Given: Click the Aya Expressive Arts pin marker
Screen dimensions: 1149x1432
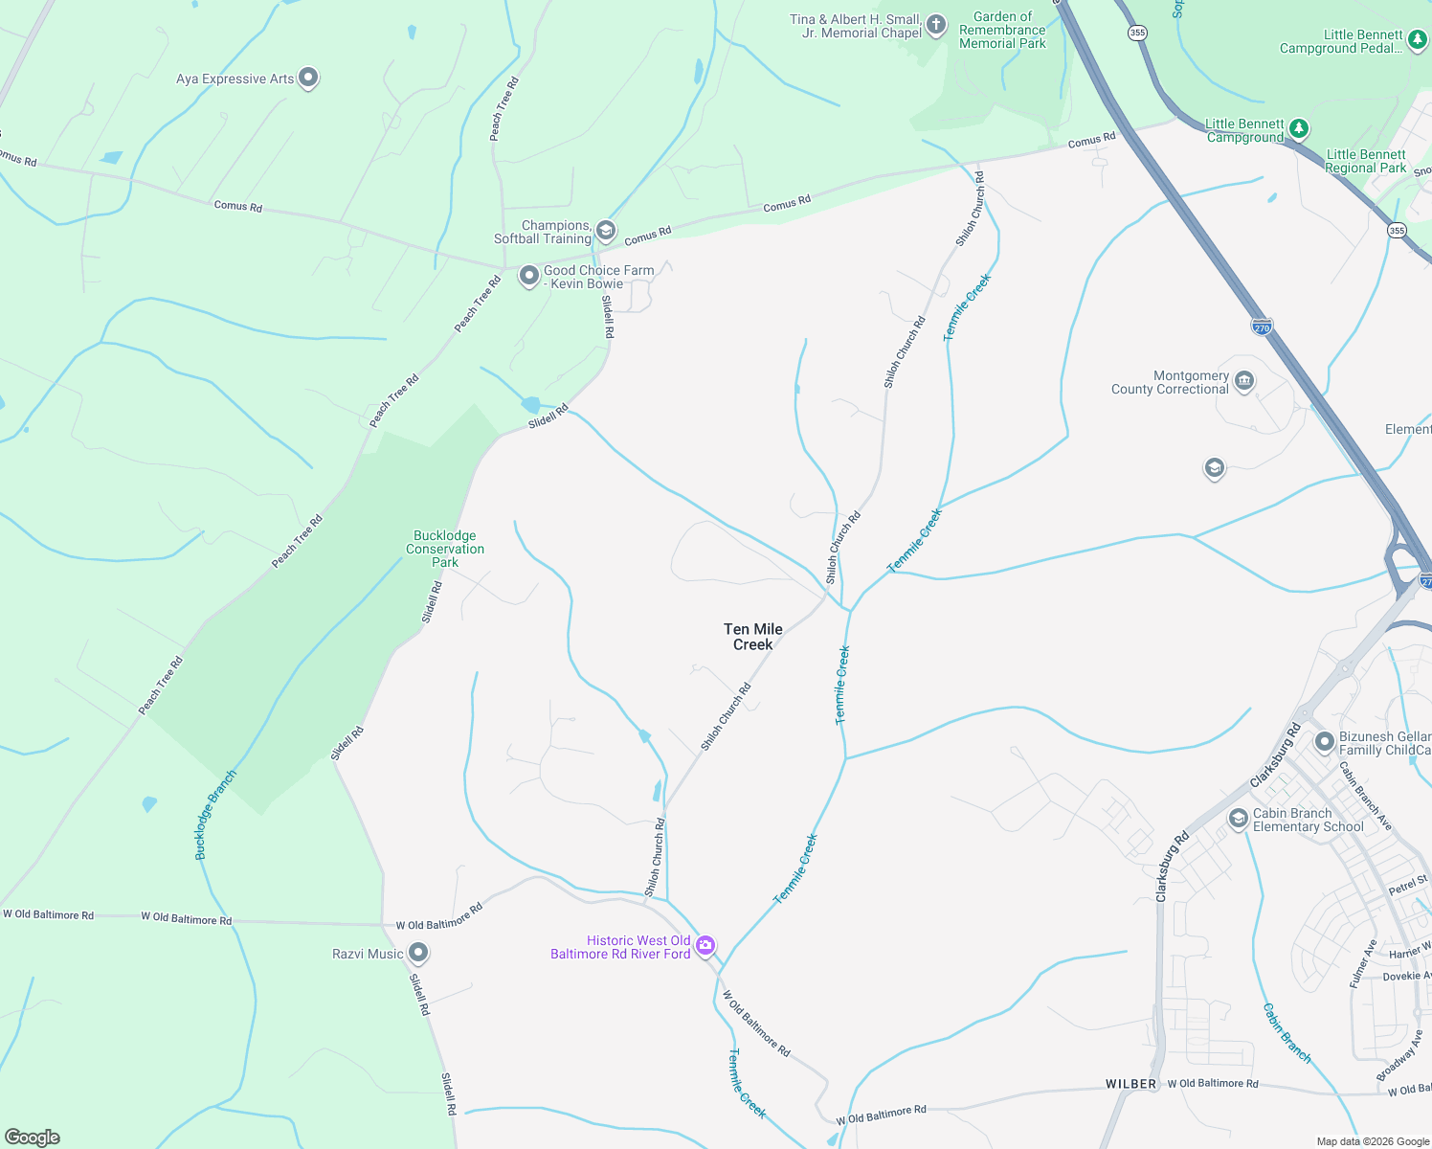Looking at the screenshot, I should pos(308,78).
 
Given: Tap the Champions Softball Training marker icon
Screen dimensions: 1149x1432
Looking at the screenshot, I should pos(606,231).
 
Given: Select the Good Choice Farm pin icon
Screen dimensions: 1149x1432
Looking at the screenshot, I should pos(528,277).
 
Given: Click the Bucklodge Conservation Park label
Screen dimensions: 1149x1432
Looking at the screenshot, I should pos(445,549).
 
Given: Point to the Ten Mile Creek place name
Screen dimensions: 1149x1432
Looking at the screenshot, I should pos(753,637).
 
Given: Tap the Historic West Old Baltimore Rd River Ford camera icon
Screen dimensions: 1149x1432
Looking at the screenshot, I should pos(705,946).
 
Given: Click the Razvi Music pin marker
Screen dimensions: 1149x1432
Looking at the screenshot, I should pos(418,953).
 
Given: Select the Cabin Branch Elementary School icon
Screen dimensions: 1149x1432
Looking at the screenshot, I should pos(1239,819).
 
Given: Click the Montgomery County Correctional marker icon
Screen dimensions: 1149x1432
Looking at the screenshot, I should pos(1244,381).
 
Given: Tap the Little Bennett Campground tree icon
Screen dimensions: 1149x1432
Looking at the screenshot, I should pos(1298,128).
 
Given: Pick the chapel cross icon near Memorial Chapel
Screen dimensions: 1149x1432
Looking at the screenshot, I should pos(937,25).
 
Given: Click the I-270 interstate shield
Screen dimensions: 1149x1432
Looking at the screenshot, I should pos(1262,327).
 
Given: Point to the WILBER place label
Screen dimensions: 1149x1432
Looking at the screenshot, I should pos(1131,1084).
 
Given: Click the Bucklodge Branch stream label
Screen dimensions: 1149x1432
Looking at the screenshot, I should pos(214,815).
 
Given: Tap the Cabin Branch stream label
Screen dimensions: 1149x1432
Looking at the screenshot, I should pos(1287,1032).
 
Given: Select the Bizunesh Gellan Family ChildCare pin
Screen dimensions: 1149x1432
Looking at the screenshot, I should pos(1325,742).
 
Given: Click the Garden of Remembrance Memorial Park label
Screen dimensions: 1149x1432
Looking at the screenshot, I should pos(1002,30).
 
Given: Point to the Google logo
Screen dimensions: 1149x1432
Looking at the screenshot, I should pos(33,1138).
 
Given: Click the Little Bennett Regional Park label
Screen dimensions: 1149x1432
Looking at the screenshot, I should pos(1366,161).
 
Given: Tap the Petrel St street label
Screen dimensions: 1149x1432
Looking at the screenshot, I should pos(1408,886).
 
